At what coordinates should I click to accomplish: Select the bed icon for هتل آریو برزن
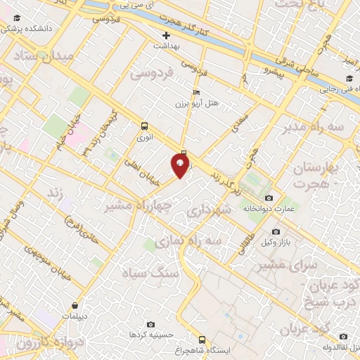(197, 92)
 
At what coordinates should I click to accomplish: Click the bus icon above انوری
(144, 127)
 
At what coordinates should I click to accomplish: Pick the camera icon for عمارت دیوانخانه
(270, 198)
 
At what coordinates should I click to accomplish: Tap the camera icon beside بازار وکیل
(276, 231)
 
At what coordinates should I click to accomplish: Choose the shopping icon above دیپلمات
(75, 306)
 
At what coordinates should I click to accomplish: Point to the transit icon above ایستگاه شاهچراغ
(202, 339)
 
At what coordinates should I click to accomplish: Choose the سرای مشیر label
(289, 265)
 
